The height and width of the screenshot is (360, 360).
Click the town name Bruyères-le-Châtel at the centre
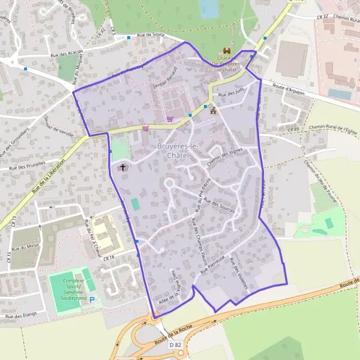pos(164,151)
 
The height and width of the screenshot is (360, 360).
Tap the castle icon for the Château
pos(227,52)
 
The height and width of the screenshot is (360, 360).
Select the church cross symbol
pos(124,167)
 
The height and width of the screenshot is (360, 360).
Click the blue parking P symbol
pos(92,296)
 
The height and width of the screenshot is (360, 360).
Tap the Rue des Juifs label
pos(232,94)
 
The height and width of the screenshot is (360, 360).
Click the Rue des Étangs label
pos(21,314)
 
